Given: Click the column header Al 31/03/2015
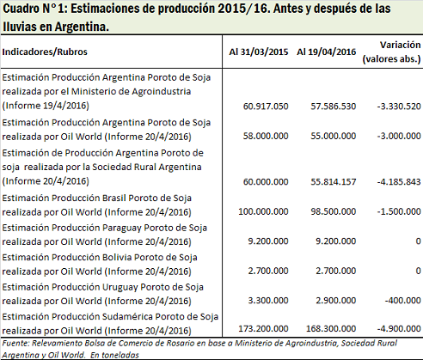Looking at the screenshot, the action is click(259, 52).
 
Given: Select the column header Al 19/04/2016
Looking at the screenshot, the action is click(327, 52).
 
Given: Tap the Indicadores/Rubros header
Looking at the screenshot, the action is click(45, 52).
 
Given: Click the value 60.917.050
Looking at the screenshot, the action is click(266, 107).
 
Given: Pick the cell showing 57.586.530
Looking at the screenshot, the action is click(334, 107).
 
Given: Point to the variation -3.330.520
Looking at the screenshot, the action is click(399, 107).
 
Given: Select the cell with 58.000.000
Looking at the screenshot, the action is click(266, 136).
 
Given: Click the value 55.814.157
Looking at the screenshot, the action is click(334, 181).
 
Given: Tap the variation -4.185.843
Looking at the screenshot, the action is click(399, 181).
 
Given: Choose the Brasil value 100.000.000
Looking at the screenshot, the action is click(263, 211).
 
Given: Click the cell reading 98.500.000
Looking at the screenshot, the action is click(334, 211).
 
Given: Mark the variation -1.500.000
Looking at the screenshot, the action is click(399, 211).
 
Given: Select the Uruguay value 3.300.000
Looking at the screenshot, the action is click(268, 300).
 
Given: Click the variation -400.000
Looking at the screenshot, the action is click(402, 300).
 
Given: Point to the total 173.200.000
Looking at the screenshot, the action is click(263, 328).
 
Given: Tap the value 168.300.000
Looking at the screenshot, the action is click(331, 328).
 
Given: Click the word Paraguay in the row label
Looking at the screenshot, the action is click(121, 228).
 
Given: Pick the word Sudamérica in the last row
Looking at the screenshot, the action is click(127, 316).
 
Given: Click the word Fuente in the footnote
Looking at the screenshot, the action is click(15, 343).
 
